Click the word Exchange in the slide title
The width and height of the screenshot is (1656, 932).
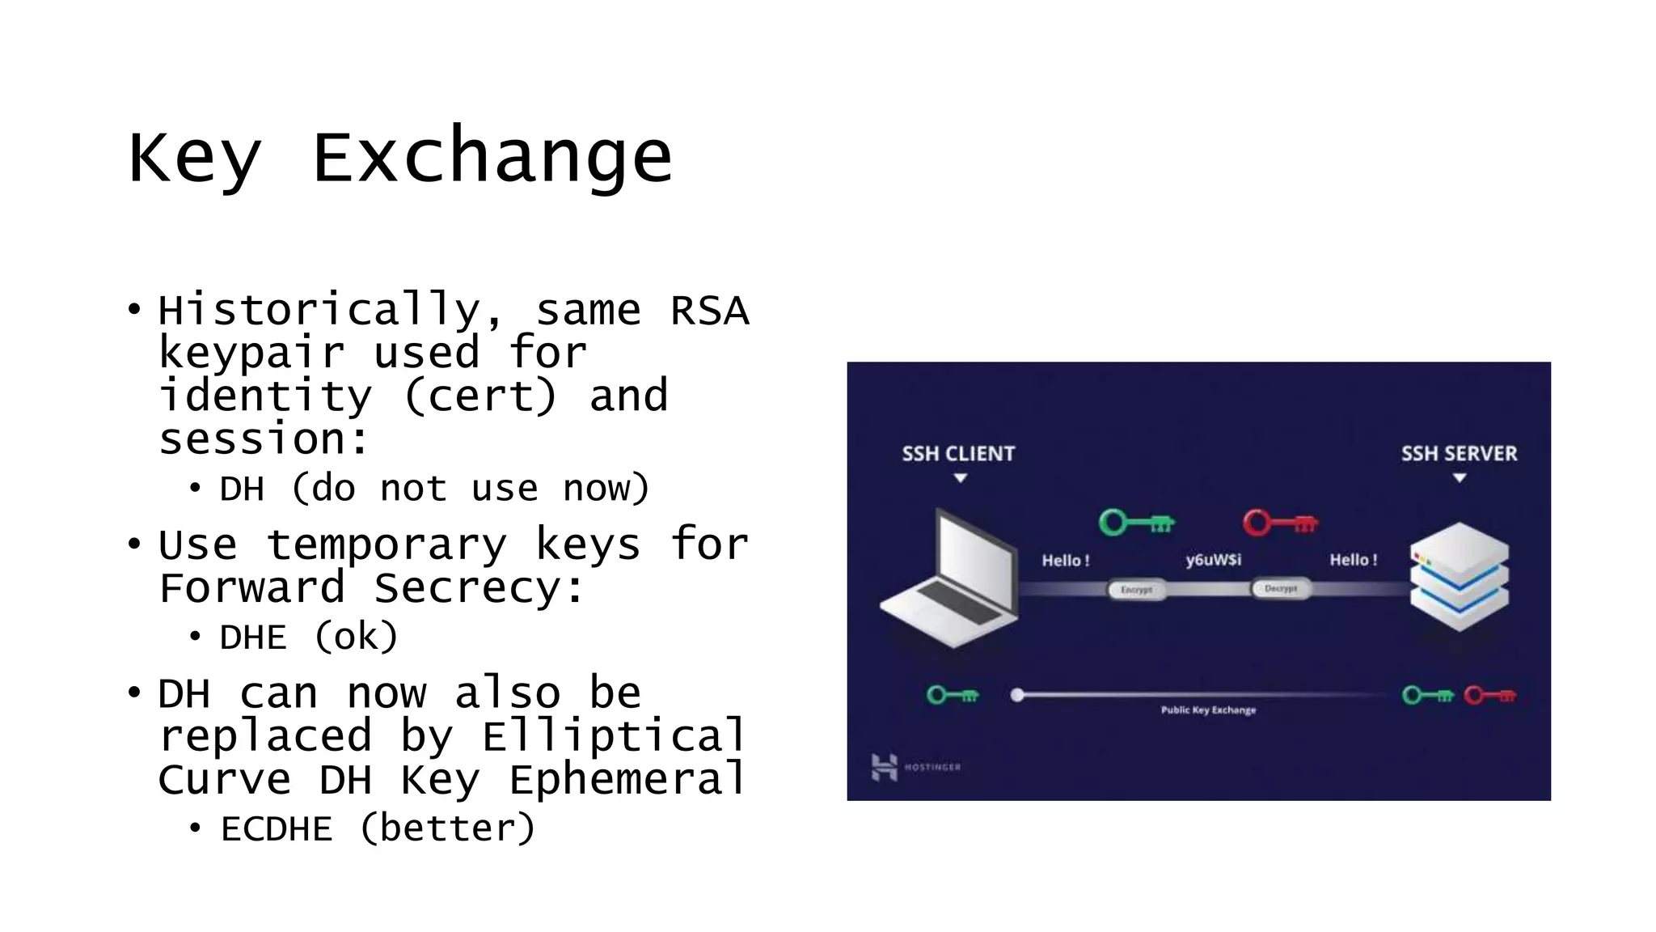(x=492, y=158)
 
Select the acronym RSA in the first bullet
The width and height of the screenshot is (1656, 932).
(x=709, y=311)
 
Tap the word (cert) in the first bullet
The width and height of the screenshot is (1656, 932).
(x=480, y=396)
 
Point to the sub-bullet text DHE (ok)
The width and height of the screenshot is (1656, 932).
(x=309, y=638)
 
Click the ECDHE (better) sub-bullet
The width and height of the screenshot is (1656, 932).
(x=378, y=829)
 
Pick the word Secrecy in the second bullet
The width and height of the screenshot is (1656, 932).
(x=467, y=588)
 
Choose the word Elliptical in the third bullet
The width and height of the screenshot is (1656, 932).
(x=613, y=736)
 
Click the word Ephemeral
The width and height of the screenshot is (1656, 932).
(x=626, y=780)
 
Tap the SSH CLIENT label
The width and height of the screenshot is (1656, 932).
(x=958, y=454)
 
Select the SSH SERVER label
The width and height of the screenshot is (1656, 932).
(x=1459, y=454)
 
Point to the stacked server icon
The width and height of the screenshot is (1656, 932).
(x=1459, y=576)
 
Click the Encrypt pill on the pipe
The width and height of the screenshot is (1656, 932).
(x=1136, y=590)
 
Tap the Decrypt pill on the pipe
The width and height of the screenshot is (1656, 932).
(x=1280, y=589)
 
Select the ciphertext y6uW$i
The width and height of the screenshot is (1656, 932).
(x=1213, y=560)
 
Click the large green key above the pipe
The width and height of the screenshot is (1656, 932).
(x=1136, y=523)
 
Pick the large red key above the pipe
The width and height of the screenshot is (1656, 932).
(x=1280, y=523)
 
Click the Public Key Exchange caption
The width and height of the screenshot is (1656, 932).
(x=1208, y=710)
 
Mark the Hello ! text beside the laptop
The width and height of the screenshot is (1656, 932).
(x=1065, y=561)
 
